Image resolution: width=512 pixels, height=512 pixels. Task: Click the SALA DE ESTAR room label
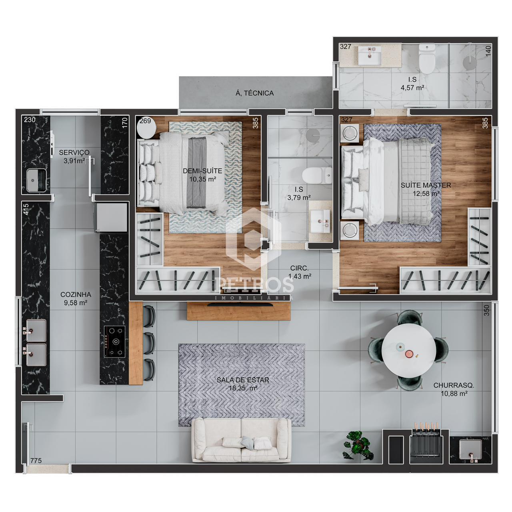[x=243, y=380]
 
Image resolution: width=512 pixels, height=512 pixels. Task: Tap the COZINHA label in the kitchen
[x=76, y=294]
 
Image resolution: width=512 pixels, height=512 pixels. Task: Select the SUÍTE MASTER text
[x=426, y=185]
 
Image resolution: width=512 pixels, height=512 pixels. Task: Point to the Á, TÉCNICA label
[x=254, y=93]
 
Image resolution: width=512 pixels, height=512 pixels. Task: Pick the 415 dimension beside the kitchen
[x=26, y=209]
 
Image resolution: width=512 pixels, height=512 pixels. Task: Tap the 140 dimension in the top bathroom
[x=488, y=51]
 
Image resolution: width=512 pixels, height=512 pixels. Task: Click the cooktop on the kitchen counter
[x=114, y=341]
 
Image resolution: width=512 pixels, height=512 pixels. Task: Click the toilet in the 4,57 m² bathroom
[x=427, y=59]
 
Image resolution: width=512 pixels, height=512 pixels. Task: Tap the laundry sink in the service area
[x=36, y=180]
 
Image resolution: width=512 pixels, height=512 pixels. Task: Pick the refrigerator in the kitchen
[x=112, y=217]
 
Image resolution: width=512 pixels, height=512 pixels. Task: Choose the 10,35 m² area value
[x=202, y=179]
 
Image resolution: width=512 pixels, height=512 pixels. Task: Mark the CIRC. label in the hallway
[x=299, y=268]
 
